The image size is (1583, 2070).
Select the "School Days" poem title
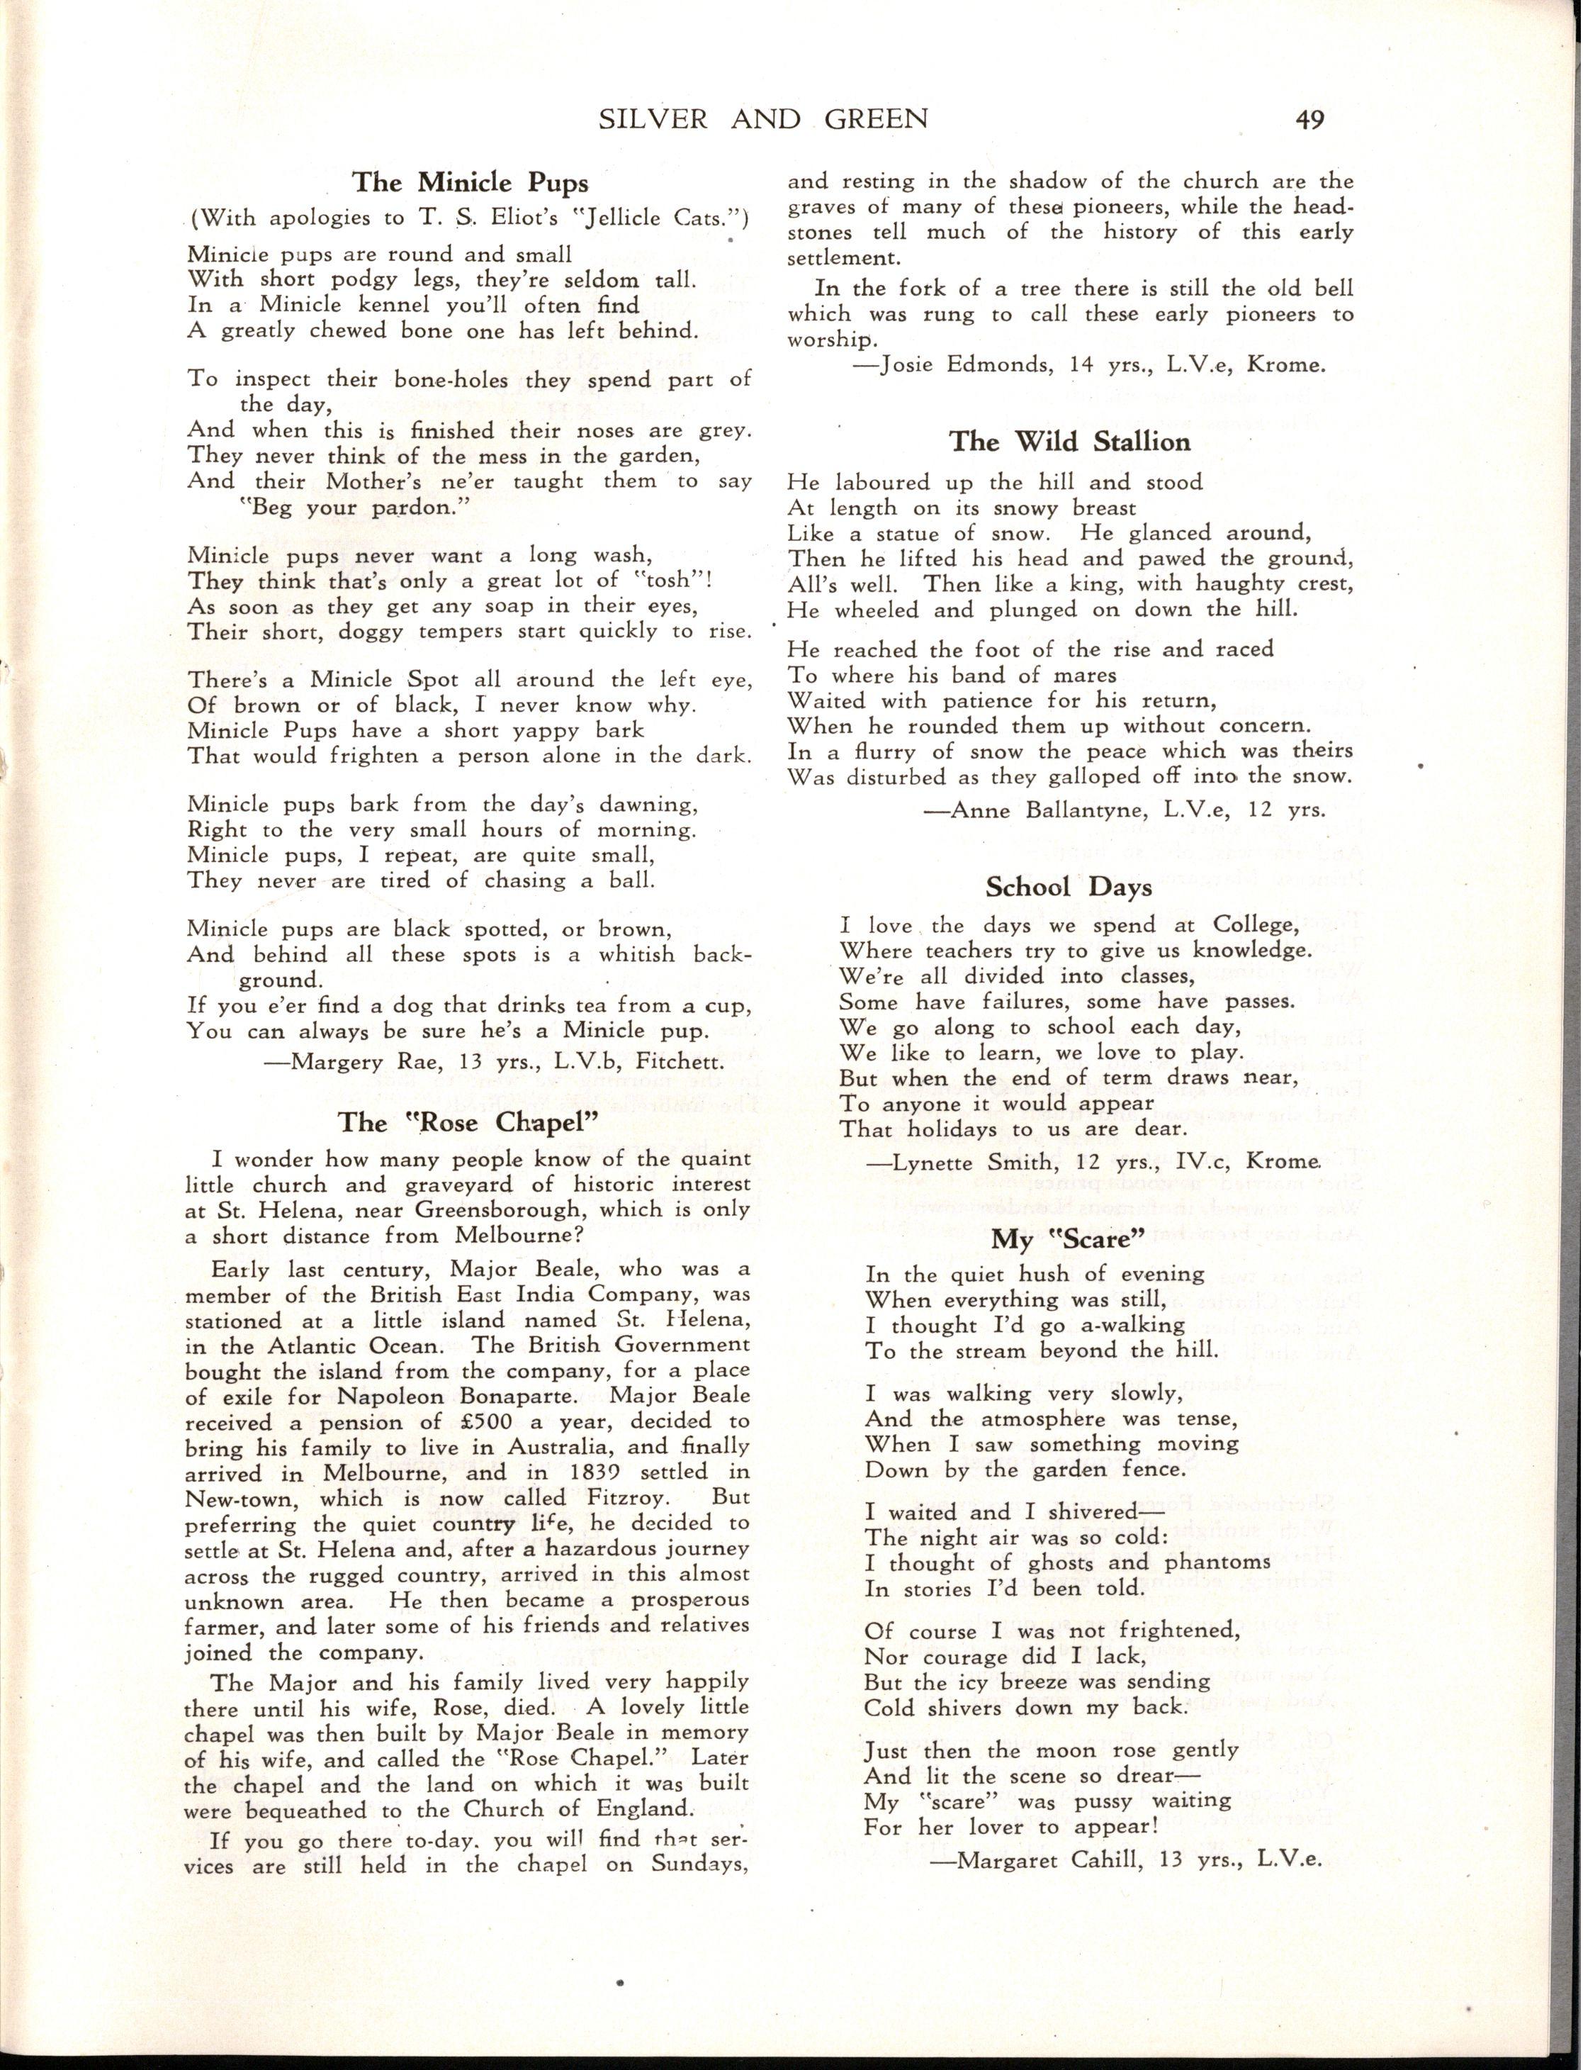pos(1069,886)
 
